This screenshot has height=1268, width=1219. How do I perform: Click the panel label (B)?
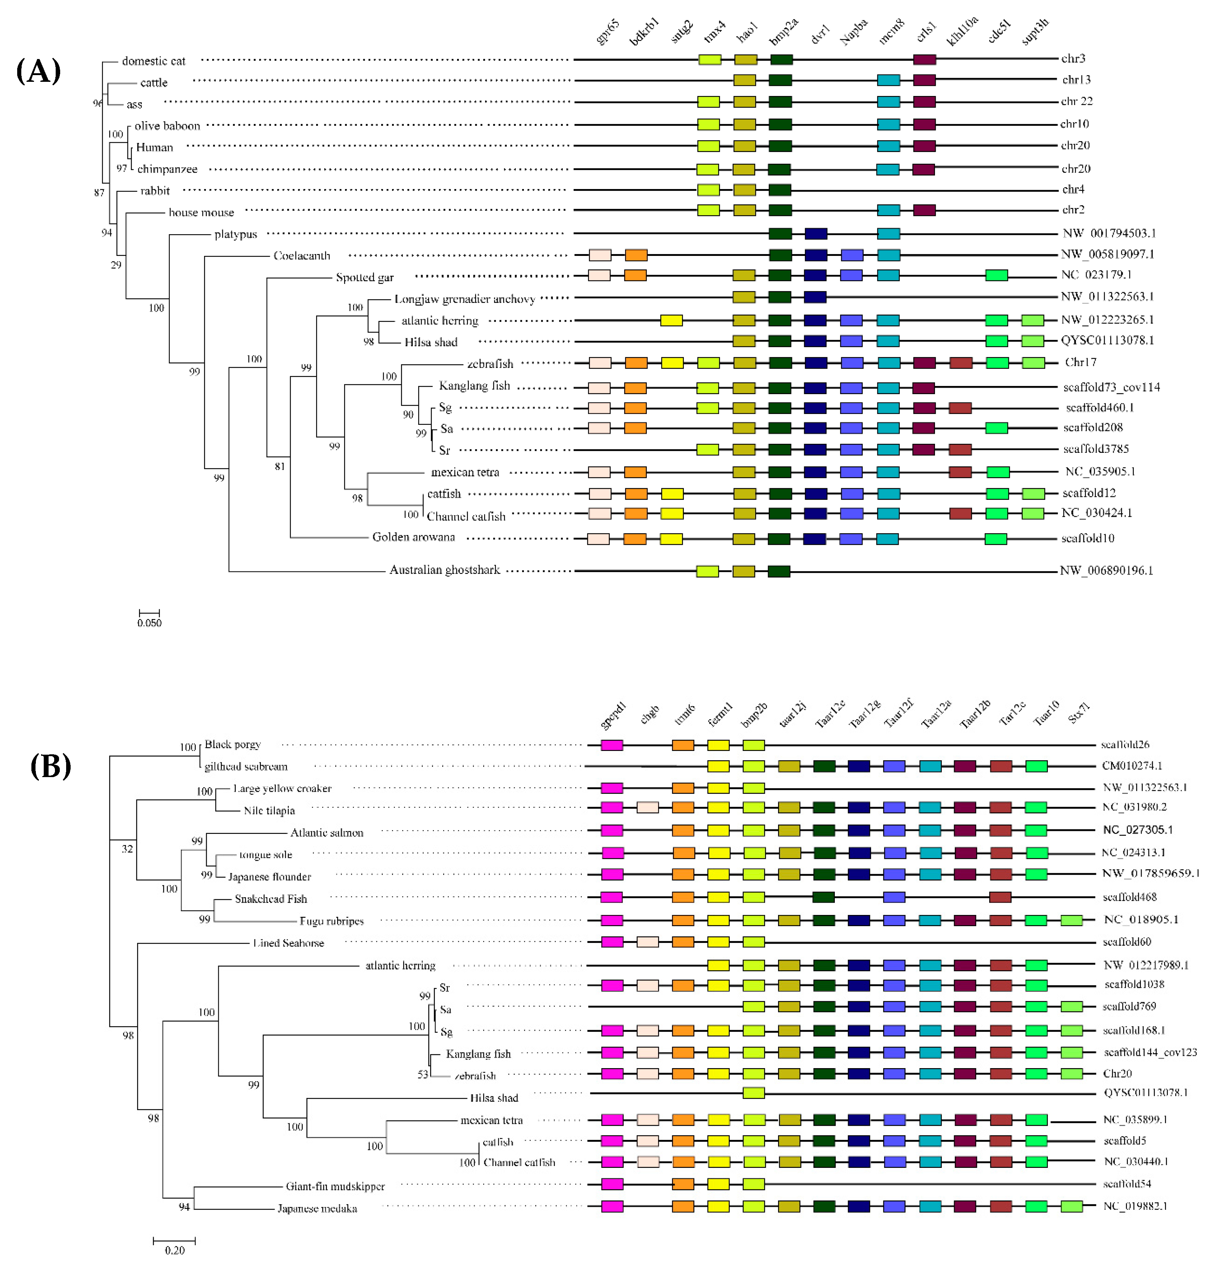50,767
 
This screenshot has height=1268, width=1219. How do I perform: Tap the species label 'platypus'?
235,234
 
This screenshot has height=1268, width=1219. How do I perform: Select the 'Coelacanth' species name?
302,256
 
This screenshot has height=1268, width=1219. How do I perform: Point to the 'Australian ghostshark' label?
444,570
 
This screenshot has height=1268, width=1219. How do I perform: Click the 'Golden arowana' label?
413,537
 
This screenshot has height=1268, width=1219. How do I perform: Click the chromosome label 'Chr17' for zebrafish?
1080,362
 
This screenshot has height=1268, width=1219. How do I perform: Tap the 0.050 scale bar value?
149,623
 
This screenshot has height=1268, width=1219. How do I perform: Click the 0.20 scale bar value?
174,1250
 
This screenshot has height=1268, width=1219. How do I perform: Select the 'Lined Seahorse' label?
288,943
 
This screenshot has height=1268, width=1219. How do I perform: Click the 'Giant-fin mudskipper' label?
335,1187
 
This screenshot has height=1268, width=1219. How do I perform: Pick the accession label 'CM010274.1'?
1132,766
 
